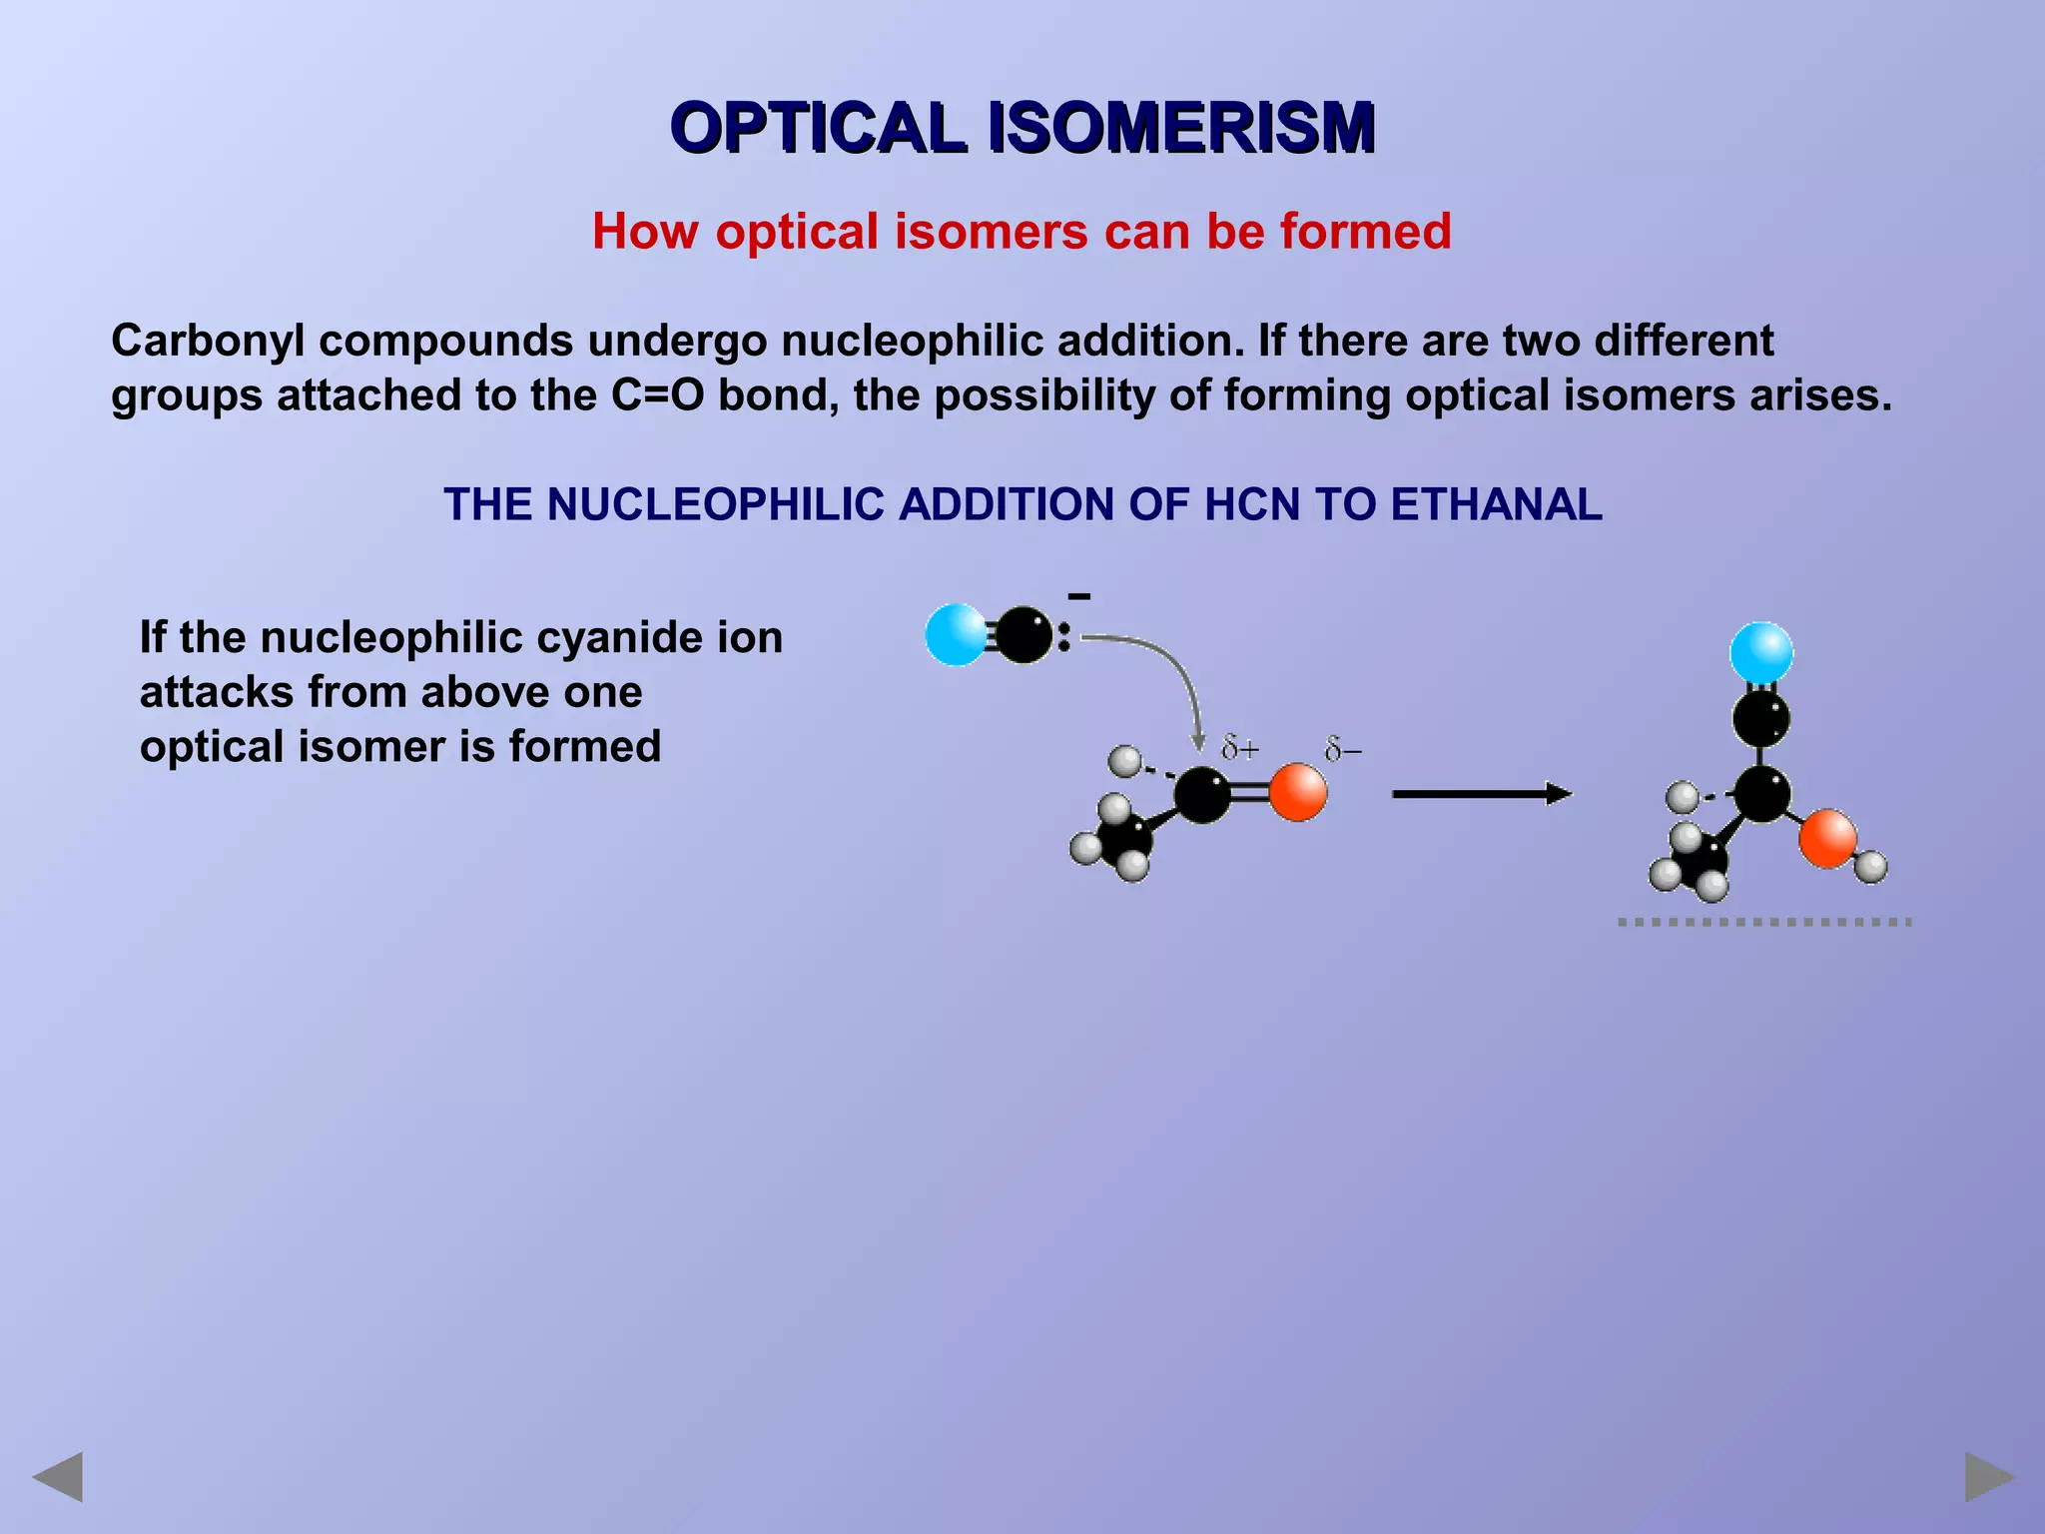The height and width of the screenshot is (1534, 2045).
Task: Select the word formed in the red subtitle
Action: point(1365,232)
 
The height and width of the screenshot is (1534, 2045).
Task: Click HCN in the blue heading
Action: point(1252,504)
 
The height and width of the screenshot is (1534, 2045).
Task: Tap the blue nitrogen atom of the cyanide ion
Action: point(956,634)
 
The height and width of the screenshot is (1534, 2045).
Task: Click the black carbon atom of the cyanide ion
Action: point(1023,635)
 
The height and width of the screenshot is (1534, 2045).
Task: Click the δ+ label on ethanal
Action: point(1241,748)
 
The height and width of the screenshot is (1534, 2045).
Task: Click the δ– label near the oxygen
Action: point(1343,750)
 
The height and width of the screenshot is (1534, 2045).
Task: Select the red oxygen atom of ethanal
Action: point(1298,793)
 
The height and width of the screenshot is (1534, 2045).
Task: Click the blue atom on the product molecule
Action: point(1761,652)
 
